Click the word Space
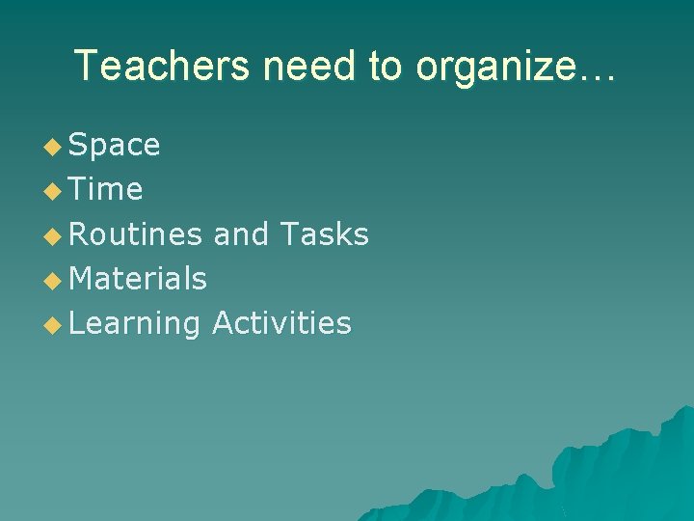coord(115,146)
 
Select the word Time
coord(106,190)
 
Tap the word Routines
coord(136,234)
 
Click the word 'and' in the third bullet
coord(240,234)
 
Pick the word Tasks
coord(324,234)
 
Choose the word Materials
coord(138,279)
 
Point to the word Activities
coord(281,323)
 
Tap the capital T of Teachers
coord(86,66)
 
